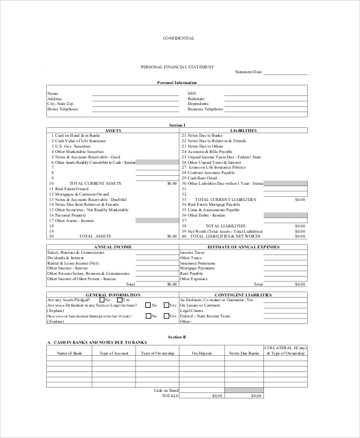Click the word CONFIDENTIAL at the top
[x=179, y=38]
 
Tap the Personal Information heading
[x=177, y=82]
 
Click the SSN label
[x=192, y=94]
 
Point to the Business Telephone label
[x=205, y=110]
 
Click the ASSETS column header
[x=113, y=130]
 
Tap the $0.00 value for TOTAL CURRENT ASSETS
[x=172, y=183]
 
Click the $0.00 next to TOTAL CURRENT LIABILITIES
[x=300, y=199]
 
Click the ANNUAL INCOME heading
[x=113, y=247]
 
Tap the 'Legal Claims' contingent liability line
[x=193, y=311]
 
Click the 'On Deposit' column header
[x=202, y=353]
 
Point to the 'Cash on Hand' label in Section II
[x=166, y=390]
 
